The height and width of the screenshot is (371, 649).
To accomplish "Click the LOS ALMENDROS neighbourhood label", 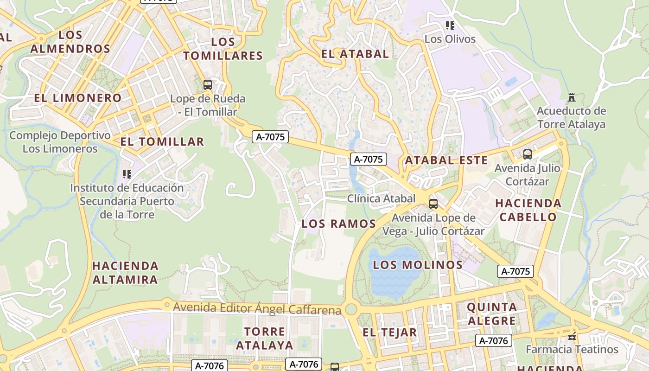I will point(70,42).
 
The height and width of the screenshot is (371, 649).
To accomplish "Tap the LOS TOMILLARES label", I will point(223,49).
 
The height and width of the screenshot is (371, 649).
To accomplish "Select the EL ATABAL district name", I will point(355,54).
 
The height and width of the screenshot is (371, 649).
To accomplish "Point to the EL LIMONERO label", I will point(77,98).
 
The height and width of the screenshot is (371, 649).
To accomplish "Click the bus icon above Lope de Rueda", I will point(208,84).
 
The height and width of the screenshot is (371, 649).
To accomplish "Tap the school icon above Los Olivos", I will point(450,26).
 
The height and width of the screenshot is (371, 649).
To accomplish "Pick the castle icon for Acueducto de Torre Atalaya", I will point(571,97).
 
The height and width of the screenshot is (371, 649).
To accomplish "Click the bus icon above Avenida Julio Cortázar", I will point(527,154).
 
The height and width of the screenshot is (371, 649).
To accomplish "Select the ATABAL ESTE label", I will point(446,160).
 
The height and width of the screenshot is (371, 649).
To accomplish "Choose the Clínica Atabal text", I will point(381,198).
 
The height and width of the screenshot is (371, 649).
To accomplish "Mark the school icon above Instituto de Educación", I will point(127,174).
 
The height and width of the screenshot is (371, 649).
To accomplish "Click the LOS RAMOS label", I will point(338,224).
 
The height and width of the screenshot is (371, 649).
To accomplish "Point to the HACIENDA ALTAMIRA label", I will point(125,273).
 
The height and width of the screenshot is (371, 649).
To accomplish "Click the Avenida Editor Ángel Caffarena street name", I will point(257,308).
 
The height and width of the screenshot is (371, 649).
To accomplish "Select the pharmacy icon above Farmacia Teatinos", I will point(572,336).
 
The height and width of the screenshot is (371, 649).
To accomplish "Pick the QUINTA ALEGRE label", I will point(492,313).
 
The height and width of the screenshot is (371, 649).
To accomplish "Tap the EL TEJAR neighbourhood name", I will point(389,332).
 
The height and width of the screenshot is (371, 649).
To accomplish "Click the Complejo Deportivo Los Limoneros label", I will point(60,142).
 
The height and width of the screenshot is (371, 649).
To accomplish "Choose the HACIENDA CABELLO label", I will point(528,210).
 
